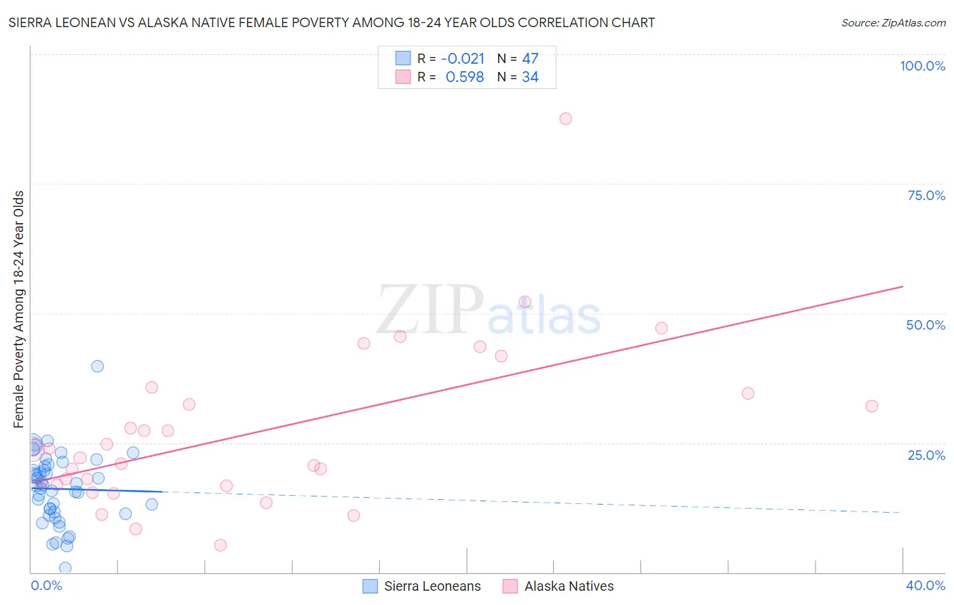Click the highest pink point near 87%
pyautogui.click(x=565, y=119)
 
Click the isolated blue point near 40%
pyautogui.click(x=98, y=366)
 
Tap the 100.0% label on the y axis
pyautogui.click(x=922, y=66)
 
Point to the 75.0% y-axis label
pyautogui.click(x=926, y=195)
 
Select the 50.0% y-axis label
pyautogui.click(x=926, y=325)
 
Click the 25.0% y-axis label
pyautogui.click(x=926, y=455)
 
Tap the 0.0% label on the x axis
pyautogui.click(x=46, y=585)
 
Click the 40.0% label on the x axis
pyautogui.click(x=926, y=585)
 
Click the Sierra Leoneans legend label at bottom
pyautogui.click(x=432, y=586)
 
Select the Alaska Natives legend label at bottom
pyautogui.click(x=569, y=586)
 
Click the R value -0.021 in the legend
pyautogui.click(x=463, y=59)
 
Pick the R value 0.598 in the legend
pyautogui.click(x=465, y=77)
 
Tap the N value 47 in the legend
pyautogui.click(x=530, y=59)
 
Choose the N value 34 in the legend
pyautogui.click(x=530, y=77)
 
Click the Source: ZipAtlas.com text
pyautogui.click(x=893, y=23)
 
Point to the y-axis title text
pyautogui.click(x=19, y=309)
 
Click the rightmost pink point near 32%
pyautogui.click(x=872, y=406)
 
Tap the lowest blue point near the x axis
pyautogui.click(x=65, y=568)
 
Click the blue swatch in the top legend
pyautogui.click(x=403, y=58)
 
